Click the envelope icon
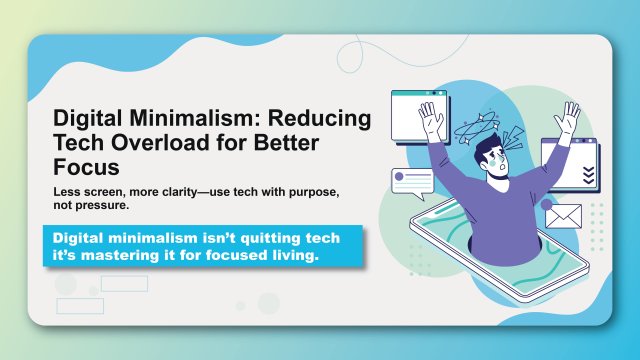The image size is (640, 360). [563, 215]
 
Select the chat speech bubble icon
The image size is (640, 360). [413, 182]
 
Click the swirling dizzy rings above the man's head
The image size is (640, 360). [477, 129]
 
